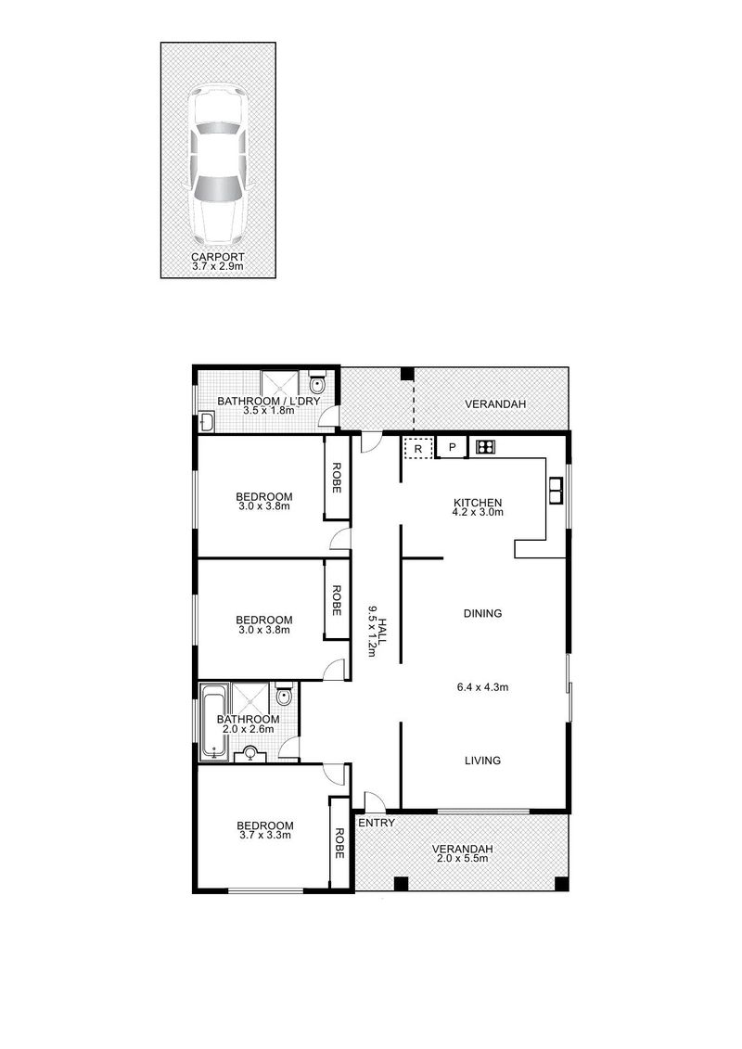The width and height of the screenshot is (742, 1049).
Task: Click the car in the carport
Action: point(218,164)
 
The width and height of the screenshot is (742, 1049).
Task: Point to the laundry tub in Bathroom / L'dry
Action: point(207,423)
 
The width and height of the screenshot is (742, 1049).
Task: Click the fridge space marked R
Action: point(418,448)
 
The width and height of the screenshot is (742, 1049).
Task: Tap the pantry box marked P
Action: point(452,448)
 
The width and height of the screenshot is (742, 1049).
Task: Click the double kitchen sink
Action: point(556,489)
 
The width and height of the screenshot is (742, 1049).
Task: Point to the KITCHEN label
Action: point(477,501)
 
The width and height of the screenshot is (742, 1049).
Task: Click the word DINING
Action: point(482,613)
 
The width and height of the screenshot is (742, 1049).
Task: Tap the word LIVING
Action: point(482,761)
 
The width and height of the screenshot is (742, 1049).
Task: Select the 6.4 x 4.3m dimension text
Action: point(482,687)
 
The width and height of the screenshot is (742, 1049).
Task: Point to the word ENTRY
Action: point(377,823)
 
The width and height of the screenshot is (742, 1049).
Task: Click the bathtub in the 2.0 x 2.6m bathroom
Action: point(213,722)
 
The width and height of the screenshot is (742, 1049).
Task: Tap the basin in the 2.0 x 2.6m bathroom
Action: point(249,755)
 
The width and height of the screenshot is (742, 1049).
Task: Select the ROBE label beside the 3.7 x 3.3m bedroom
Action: point(339,842)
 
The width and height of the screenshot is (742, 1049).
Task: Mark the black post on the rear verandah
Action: point(406,375)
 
